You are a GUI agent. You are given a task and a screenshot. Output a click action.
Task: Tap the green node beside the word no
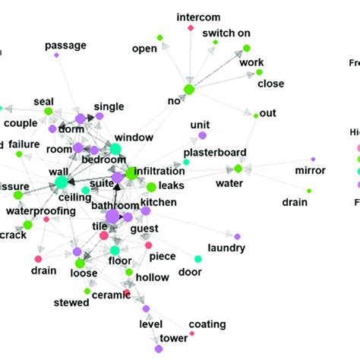coord(189,90)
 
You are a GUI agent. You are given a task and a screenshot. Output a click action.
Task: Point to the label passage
coord(66,45)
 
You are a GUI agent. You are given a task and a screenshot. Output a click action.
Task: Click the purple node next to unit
coord(202,135)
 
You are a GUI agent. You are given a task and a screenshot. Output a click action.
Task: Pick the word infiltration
coord(159,174)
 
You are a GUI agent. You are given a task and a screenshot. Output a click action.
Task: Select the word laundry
coord(226,248)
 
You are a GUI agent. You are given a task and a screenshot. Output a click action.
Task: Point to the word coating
coord(207,324)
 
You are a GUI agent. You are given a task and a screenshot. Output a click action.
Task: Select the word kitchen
coord(158,202)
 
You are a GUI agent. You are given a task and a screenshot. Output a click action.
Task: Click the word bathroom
coord(115,206)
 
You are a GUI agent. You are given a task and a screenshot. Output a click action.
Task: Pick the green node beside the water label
coord(238,169)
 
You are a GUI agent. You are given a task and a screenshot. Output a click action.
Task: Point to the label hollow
coord(153,279)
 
